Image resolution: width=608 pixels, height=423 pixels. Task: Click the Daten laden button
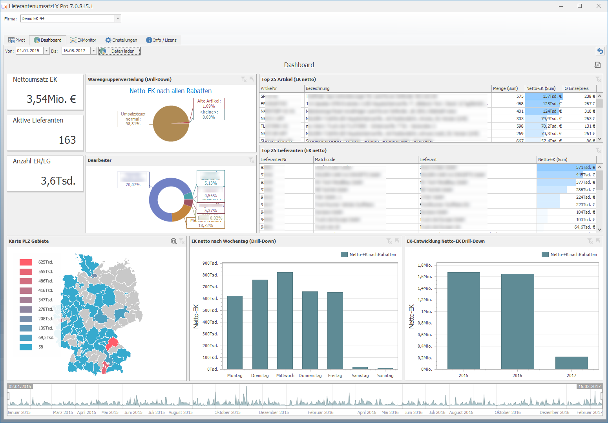tap(119, 51)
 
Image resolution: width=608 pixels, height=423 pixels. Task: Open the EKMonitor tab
tap(83, 40)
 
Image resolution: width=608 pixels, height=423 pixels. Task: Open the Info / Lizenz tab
tap(161, 40)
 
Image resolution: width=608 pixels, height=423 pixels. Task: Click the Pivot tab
tap(16, 40)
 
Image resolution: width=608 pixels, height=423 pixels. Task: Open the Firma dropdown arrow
tap(118, 18)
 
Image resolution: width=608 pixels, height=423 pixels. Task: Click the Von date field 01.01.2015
tap(29, 51)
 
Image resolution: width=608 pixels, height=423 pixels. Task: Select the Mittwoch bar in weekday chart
tap(285, 320)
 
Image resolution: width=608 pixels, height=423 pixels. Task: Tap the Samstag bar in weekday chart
tap(360, 368)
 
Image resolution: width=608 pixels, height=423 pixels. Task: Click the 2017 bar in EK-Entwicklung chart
tap(571, 363)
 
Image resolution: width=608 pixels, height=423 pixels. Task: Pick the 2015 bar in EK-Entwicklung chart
tap(464, 320)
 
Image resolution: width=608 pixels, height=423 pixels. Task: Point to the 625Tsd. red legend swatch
tap(26, 262)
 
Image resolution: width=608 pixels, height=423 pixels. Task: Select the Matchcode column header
tap(325, 159)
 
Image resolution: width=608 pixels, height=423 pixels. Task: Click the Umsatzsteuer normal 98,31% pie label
tap(133, 119)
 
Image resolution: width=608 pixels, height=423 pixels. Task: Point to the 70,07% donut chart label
tap(133, 185)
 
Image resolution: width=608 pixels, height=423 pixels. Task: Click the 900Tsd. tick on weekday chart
tap(210, 263)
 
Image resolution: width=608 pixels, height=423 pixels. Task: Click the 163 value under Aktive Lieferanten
tap(67, 140)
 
